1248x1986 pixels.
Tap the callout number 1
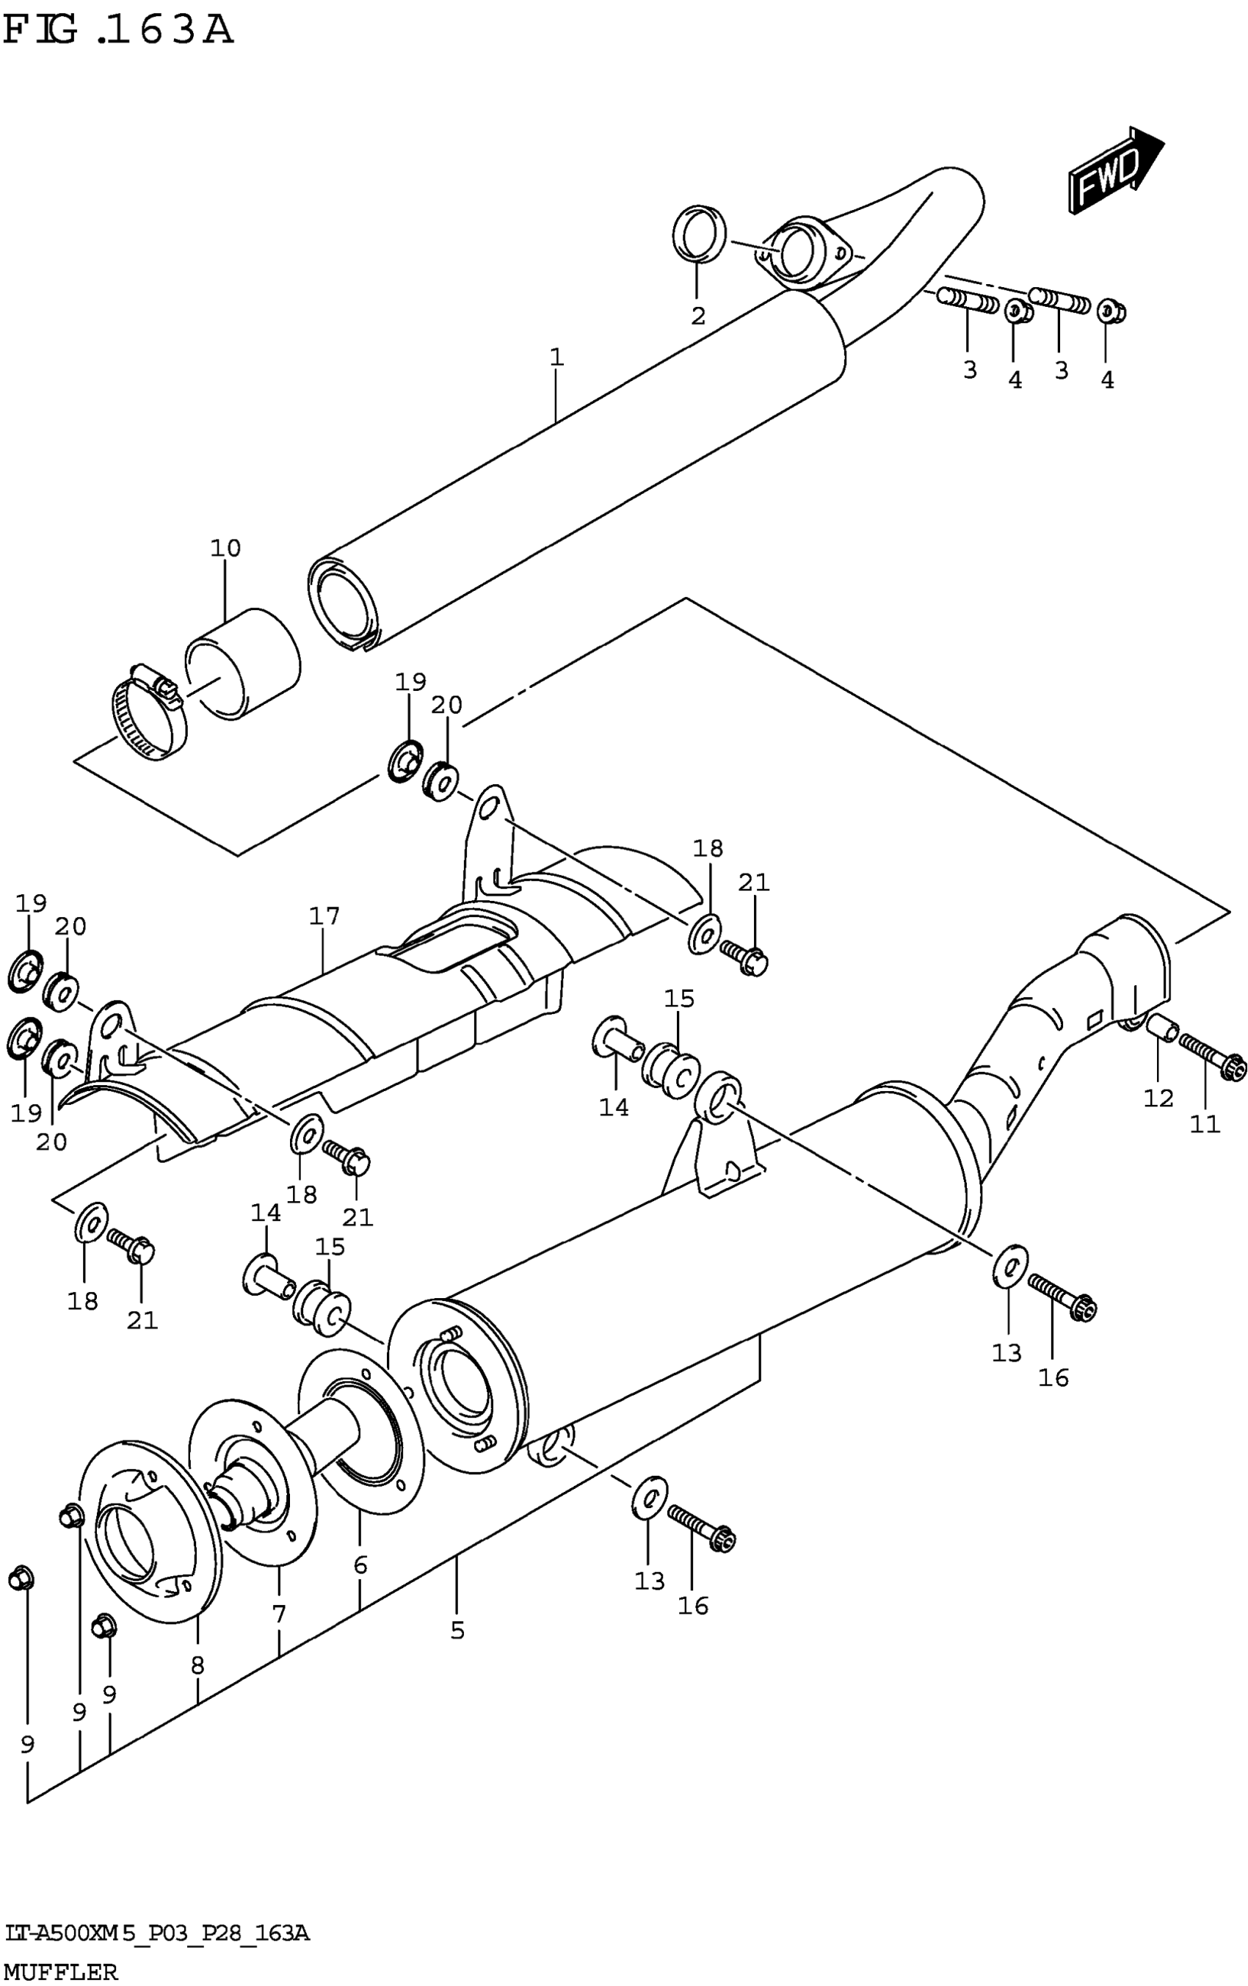pos(556,357)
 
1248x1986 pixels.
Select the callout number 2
pos(698,316)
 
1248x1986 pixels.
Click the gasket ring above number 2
pos(700,233)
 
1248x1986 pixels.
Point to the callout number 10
pos(225,548)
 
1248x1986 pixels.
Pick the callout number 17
pos(324,916)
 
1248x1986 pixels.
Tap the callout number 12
pos(1158,1098)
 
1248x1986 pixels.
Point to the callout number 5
pos(457,1630)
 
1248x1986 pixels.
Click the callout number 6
pos(360,1565)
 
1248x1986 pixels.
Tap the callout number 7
pos(279,1614)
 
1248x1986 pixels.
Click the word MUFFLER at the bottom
pos(60,1971)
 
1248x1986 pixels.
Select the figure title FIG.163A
pos(118,31)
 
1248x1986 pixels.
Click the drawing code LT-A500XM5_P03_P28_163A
pos(156,1932)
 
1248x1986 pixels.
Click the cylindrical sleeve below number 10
pos(242,664)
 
